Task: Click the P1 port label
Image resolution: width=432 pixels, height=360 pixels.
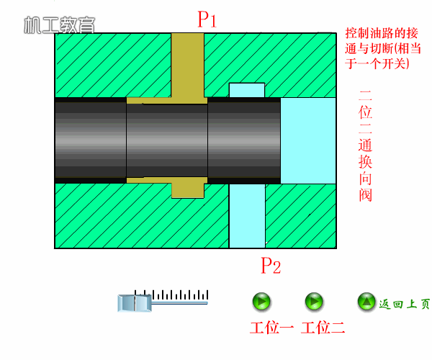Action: click(x=207, y=19)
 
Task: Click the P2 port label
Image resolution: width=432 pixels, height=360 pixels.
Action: click(x=271, y=266)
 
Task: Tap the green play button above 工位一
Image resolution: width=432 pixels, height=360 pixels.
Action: click(x=261, y=302)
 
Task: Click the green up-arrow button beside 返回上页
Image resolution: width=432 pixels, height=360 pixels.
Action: click(x=366, y=302)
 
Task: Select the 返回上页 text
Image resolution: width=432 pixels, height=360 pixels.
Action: click(x=404, y=304)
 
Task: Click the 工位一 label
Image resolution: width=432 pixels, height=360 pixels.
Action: click(x=271, y=328)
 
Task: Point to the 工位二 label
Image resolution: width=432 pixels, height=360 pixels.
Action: click(x=323, y=328)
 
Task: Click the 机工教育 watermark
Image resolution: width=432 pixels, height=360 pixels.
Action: click(x=60, y=25)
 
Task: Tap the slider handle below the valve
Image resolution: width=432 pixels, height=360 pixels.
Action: click(x=135, y=303)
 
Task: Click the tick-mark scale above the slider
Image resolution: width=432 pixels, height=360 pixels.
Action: click(x=171, y=294)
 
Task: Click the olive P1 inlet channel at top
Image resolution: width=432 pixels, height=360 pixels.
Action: click(x=188, y=65)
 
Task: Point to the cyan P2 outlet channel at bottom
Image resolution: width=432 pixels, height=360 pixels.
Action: click(x=247, y=216)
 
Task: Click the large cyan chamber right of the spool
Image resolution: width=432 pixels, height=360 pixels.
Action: click(x=308, y=140)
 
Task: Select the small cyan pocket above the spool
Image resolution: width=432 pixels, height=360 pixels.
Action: click(x=247, y=90)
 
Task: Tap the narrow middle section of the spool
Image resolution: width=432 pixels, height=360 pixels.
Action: click(x=167, y=140)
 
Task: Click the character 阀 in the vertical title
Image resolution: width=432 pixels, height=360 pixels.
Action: click(x=365, y=195)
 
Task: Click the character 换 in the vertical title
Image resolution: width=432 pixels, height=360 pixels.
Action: click(x=365, y=162)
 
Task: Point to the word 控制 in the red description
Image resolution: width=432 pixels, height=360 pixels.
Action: click(x=357, y=33)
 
